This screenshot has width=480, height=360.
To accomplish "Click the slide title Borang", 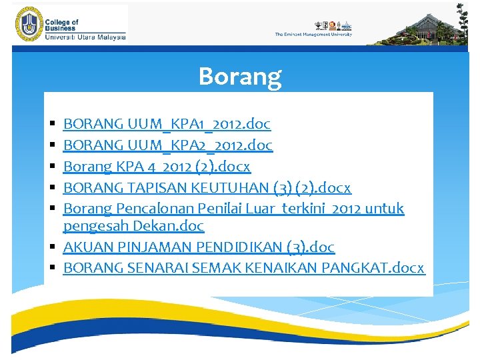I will [240, 77].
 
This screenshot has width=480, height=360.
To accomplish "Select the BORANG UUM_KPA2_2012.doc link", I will [167, 145].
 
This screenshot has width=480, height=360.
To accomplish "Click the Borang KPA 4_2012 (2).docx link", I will [157, 166].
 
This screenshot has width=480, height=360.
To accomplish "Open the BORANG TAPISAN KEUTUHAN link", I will [207, 187].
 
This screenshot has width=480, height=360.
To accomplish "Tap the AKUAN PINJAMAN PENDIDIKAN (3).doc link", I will [199, 247].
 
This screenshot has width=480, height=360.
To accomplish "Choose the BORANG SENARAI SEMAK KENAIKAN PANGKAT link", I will [243, 267].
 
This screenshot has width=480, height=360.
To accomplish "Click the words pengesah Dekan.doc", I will [133, 226].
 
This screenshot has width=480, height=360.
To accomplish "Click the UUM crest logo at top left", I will [28, 24].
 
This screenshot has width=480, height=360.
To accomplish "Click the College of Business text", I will [61, 25].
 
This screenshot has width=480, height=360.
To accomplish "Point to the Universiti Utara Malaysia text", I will [85, 37].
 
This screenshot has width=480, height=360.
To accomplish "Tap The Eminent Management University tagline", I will [313, 35].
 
